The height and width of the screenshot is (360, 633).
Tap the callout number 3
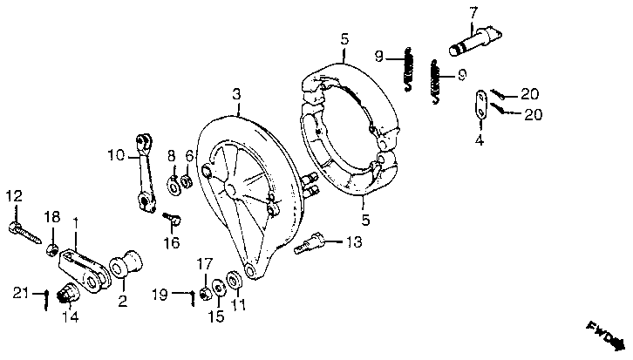[x=235, y=93]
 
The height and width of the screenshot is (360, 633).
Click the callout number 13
[x=352, y=241]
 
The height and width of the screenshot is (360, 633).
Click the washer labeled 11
[x=235, y=282]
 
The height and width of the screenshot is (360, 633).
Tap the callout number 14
[x=69, y=316]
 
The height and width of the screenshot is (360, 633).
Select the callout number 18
[x=52, y=216]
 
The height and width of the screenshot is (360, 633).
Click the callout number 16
[x=171, y=241]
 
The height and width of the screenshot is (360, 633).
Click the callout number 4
[x=479, y=137]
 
